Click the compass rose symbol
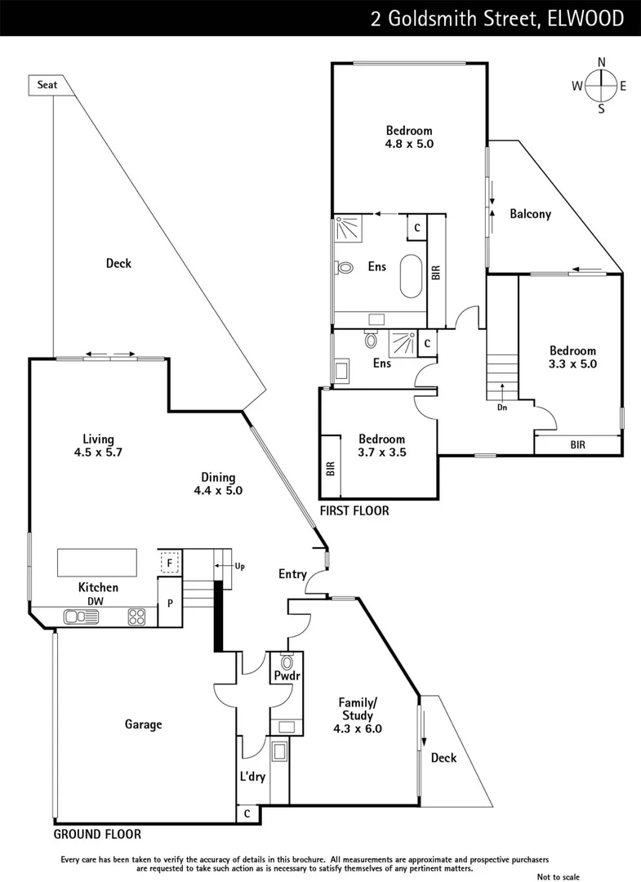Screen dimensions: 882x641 coord(601,85)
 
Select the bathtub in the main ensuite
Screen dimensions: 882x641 coord(409,278)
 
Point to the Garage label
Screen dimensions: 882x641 coord(143,724)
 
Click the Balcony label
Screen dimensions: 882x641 coord(530,214)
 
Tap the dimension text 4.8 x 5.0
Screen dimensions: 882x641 coord(409,144)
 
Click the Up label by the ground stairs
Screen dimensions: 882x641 coord(239,566)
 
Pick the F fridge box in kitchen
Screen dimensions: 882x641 coord(170,563)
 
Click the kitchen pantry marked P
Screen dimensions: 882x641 coord(170,604)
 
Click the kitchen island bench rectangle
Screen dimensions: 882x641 coord(96,563)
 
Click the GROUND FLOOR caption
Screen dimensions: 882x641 coord(97,835)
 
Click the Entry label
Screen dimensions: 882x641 coord(292,574)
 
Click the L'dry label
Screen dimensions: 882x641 coord(253,777)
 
